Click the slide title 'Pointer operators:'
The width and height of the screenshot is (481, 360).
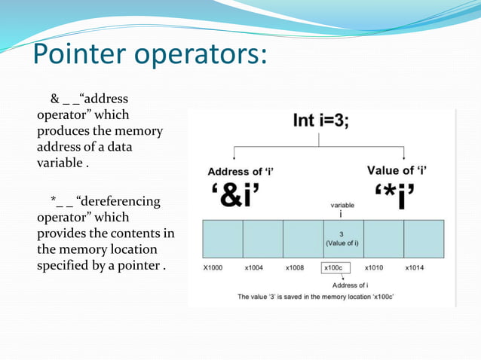[149, 55]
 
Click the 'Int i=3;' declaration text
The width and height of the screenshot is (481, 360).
[321, 123]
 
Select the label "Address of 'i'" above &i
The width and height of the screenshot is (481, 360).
[240, 172]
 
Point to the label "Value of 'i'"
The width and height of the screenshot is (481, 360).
[397, 170]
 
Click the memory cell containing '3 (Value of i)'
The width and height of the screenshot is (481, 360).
[343, 239]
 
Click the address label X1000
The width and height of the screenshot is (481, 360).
[213, 267]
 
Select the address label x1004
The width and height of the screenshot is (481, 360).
[255, 267]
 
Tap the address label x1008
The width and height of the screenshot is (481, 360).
[296, 267]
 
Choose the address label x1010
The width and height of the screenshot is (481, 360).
[375, 267]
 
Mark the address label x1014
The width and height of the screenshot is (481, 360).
[415, 267]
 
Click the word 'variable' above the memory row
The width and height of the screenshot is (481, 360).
[344, 205]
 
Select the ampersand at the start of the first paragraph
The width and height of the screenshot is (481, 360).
[54, 99]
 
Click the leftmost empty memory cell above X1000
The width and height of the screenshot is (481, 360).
[222, 239]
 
